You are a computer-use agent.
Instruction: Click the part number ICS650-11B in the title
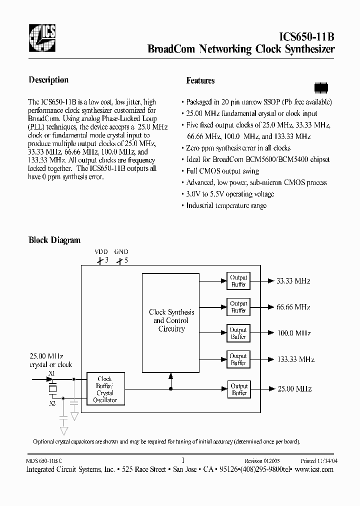tap(305, 36)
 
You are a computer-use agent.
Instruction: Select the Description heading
tap(48, 80)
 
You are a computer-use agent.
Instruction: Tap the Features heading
tap(200, 80)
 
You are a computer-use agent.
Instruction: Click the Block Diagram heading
tap(54, 240)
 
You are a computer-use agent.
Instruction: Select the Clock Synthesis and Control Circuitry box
tap(171, 320)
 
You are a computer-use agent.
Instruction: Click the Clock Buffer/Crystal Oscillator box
tap(105, 389)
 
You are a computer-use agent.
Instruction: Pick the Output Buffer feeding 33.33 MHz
tap(238, 281)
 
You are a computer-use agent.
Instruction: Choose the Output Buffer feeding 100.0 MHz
tap(238, 333)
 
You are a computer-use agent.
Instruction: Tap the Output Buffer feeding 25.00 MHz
tap(238, 389)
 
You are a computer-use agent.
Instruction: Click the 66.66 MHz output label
tap(293, 307)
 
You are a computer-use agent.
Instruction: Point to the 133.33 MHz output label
tap(295, 359)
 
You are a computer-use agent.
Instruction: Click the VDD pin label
tap(101, 252)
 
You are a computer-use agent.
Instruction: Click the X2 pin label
tap(52, 403)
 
